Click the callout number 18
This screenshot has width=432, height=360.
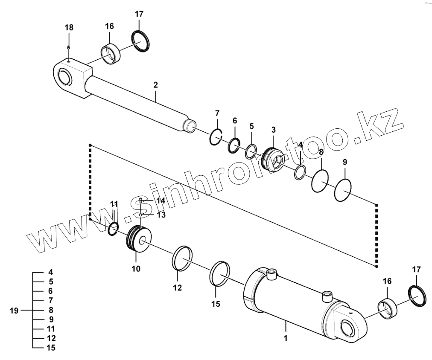[69, 28]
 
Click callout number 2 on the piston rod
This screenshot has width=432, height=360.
[156, 85]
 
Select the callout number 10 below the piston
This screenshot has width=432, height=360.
[136, 269]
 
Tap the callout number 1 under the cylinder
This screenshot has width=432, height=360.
[286, 339]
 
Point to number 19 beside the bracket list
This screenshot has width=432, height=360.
[14, 311]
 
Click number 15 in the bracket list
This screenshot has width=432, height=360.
[51, 348]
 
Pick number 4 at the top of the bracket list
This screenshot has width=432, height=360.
[51, 272]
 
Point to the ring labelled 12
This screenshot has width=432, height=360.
[182, 258]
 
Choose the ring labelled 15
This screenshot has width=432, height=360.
[220, 274]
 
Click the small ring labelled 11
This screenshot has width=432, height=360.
[114, 229]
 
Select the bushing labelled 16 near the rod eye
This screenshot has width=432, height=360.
[111, 53]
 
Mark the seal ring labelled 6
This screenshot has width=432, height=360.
[234, 145]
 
